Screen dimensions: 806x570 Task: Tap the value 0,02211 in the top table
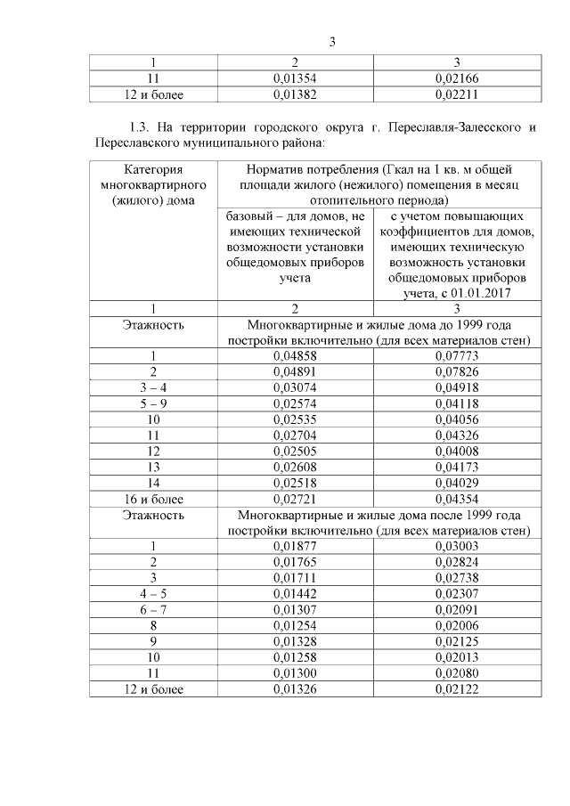tap(456, 93)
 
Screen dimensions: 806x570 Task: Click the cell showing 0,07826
tap(456, 371)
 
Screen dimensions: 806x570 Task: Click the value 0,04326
tap(456, 436)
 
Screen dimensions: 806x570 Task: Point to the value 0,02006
tap(456, 626)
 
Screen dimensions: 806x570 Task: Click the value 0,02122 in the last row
tap(456, 690)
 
